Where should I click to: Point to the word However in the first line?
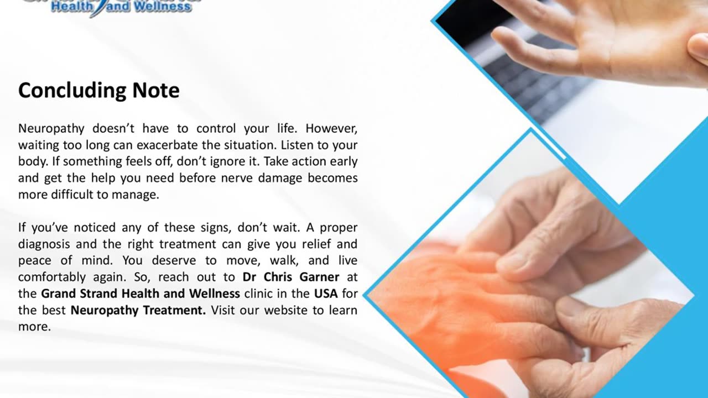pos(331,129)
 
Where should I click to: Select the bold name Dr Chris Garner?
pos(291,277)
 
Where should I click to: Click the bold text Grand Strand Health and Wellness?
pos(140,294)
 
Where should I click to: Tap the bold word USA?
pos(326,294)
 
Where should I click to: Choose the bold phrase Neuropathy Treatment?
pos(138,310)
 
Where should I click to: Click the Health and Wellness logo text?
pos(121,7)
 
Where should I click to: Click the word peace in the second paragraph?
pos(35,260)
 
